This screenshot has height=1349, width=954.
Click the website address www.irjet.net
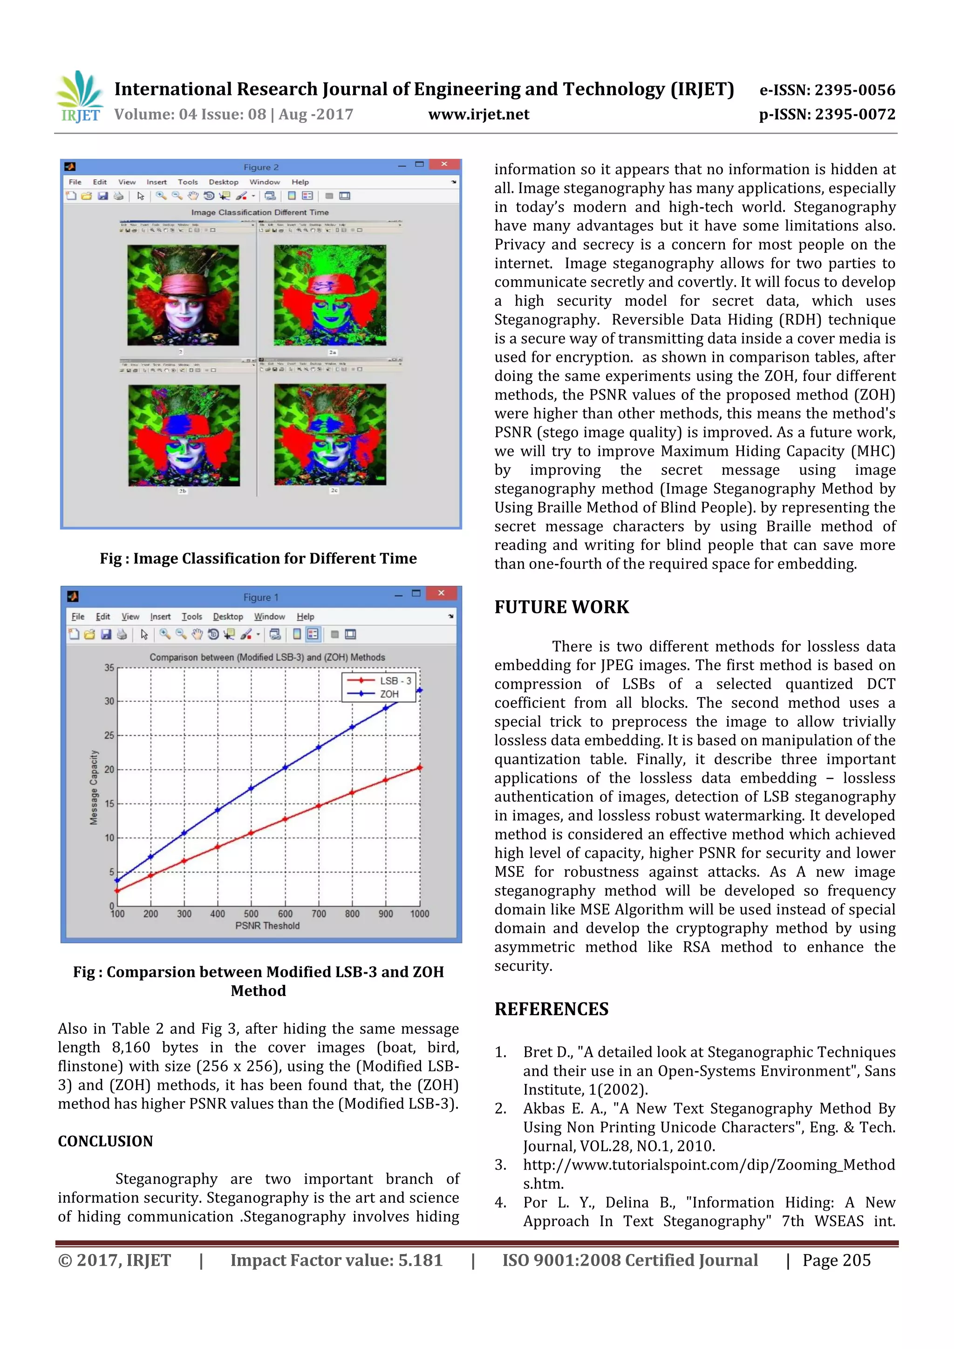(x=478, y=115)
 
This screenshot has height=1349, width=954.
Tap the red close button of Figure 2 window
(x=444, y=164)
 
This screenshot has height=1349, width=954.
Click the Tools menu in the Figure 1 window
(x=191, y=617)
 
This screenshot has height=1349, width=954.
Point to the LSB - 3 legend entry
(x=395, y=680)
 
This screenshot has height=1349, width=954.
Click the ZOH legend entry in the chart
(x=388, y=694)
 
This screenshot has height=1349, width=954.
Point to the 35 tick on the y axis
(x=109, y=667)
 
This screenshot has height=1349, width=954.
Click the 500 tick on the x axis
(x=251, y=914)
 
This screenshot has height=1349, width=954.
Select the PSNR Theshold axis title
(x=267, y=926)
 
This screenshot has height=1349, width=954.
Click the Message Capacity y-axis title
(x=94, y=787)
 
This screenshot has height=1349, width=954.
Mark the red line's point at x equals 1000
(x=420, y=767)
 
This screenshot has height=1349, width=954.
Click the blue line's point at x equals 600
(x=286, y=767)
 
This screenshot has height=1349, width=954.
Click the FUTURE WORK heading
(x=561, y=607)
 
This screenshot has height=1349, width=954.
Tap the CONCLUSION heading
(x=105, y=1141)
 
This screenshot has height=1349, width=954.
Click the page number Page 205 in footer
(x=837, y=1260)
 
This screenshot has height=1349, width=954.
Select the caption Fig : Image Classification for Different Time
(x=258, y=558)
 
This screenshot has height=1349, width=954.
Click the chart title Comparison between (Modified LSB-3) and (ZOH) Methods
(x=267, y=658)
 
